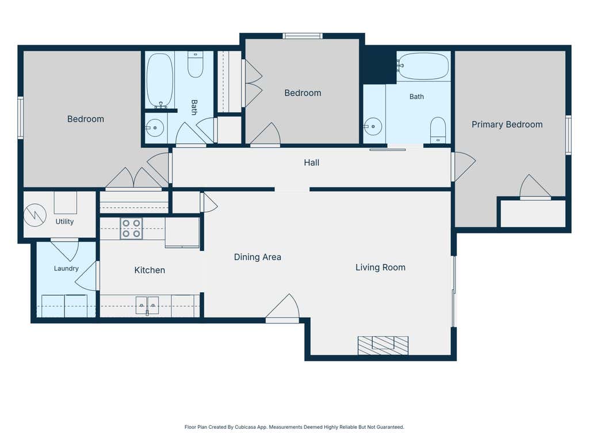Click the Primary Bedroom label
(x=507, y=124)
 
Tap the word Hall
(x=311, y=163)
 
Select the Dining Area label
(x=257, y=257)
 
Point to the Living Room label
(x=380, y=267)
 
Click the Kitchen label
(x=150, y=270)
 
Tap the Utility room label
(x=64, y=222)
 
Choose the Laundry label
(x=66, y=268)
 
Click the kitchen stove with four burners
(x=131, y=228)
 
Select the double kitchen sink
(x=147, y=305)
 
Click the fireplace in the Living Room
(x=383, y=345)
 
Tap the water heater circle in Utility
(x=35, y=215)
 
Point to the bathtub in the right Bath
(x=423, y=66)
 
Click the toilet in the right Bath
(x=438, y=129)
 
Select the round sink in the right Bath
(x=372, y=127)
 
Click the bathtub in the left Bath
(x=160, y=80)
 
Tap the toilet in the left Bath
(x=196, y=64)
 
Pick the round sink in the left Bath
(x=154, y=128)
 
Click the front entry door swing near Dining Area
(x=283, y=308)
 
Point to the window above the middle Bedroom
(x=303, y=36)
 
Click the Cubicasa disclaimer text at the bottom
(x=294, y=427)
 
